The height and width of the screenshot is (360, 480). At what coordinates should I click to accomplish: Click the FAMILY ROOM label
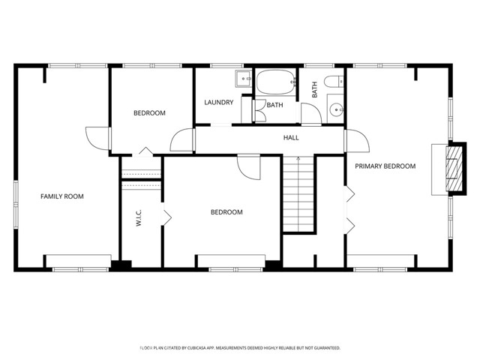(61, 196)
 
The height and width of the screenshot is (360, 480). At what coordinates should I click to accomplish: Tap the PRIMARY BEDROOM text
(385, 166)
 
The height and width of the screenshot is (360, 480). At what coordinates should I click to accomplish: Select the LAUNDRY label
(219, 103)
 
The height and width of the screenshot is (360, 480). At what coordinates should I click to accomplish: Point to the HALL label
(291, 138)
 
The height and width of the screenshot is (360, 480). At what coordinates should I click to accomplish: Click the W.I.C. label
(139, 218)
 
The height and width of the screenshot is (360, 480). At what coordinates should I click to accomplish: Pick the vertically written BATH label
(315, 89)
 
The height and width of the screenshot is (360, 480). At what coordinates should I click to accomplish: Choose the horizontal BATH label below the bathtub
(274, 105)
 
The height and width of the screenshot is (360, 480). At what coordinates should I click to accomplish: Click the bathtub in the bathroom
(276, 82)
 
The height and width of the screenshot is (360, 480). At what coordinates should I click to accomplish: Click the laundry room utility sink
(244, 76)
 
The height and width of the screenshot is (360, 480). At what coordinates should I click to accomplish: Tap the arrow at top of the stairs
(298, 159)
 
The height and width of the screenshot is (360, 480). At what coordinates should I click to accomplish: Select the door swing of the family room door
(96, 137)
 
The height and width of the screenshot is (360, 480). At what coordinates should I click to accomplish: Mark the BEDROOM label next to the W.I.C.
(226, 212)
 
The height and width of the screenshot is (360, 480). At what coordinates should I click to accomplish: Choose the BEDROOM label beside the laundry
(149, 113)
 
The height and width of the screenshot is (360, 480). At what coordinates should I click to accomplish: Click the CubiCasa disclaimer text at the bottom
(240, 348)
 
